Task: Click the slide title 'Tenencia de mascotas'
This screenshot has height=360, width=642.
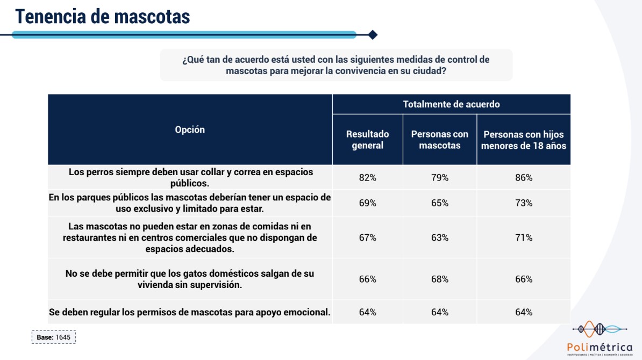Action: tap(103, 16)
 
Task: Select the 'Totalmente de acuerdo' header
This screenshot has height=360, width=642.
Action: tap(451, 104)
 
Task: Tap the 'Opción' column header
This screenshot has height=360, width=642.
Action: tap(190, 129)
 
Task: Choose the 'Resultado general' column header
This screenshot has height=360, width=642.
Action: tap(367, 140)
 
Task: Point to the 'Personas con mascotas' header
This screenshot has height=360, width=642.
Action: tap(439, 140)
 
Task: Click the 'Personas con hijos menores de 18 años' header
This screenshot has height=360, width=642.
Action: tap(523, 140)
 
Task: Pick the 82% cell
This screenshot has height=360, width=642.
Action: tap(367, 177)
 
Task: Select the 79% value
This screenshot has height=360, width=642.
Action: tap(439, 177)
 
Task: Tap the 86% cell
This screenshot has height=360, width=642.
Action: tap(523, 177)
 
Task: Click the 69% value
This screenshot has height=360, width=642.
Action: tap(367, 203)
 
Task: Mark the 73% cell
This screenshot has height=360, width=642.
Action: tap(523, 203)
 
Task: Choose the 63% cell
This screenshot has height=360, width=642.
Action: tap(439, 237)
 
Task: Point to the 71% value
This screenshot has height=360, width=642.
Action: tap(523, 237)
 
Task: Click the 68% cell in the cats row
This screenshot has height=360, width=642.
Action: tap(439, 279)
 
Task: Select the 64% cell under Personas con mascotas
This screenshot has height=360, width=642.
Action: tap(439, 312)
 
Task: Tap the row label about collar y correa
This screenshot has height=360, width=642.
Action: tap(190, 177)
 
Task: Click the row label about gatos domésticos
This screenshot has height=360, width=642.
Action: tap(190, 279)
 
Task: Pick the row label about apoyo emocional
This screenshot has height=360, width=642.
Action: tap(190, 312)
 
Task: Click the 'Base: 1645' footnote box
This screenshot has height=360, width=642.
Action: tap(54, 337)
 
